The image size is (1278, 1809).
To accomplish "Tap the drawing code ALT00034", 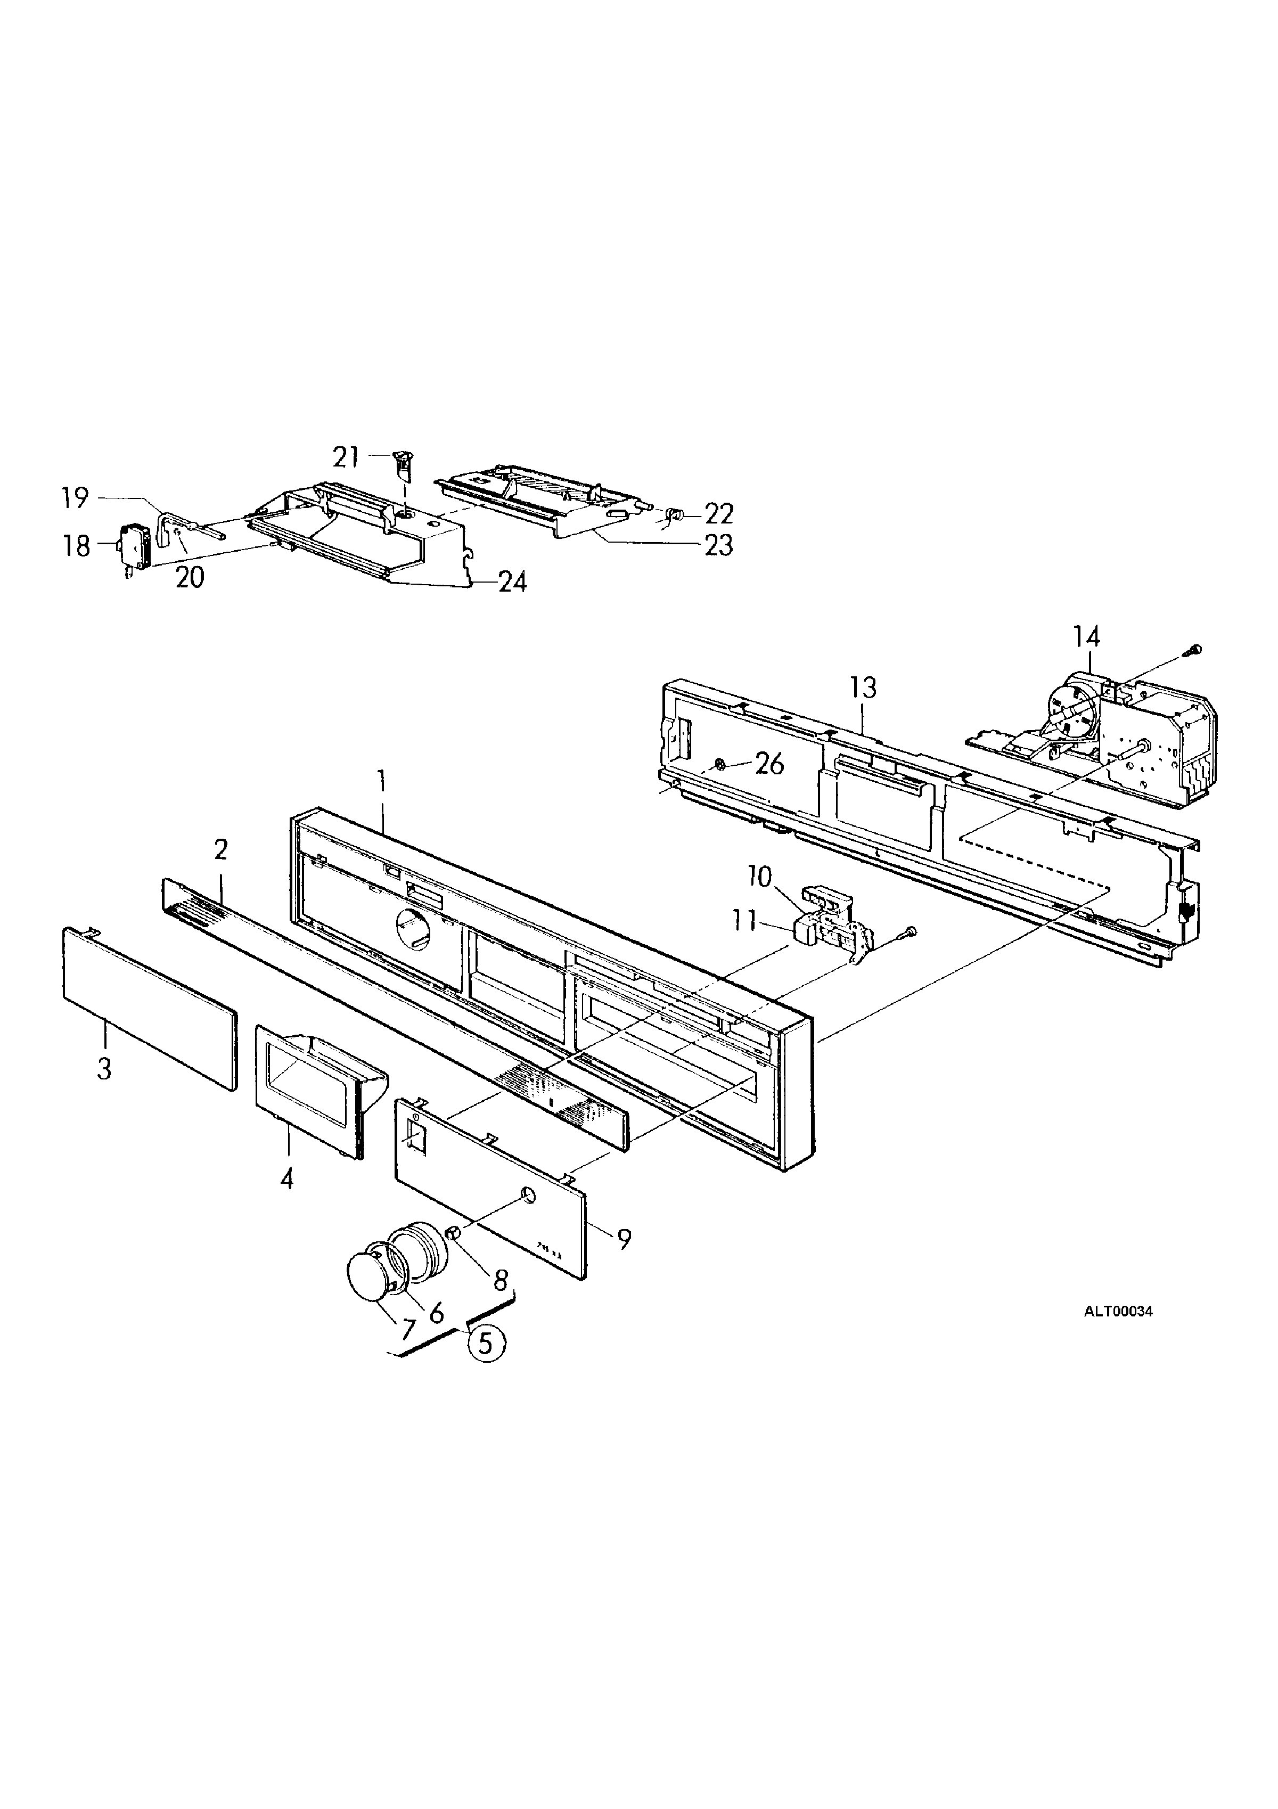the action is [x=1118, y=1312].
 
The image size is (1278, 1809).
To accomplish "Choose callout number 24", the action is [x=512, y=582].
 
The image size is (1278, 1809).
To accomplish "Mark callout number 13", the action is [x=864, y=688].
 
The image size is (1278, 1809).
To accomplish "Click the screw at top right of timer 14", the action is [x=1195, y=649].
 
